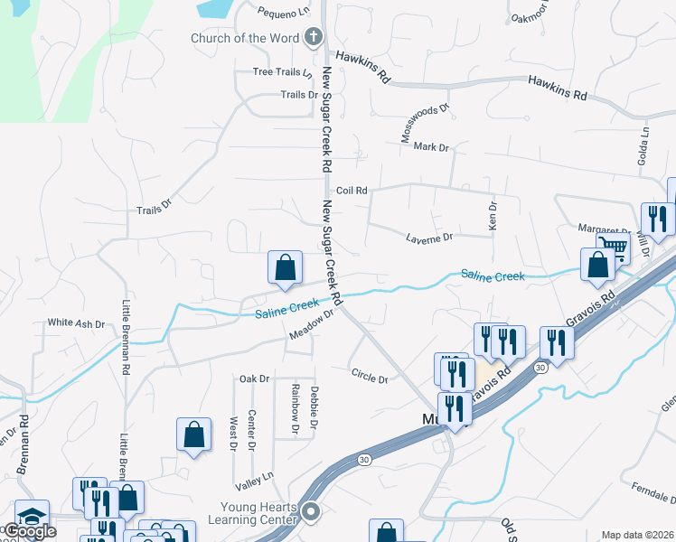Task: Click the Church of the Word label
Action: pyautogui.click(x=244, y=38)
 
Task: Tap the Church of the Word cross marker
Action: pyautogui.click(x=314, y=37)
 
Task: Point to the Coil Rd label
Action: pyautogui.click(x=352, y=191)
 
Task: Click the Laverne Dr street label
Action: pyautogui.click(x=429, y=238)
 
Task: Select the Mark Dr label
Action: pyautogui.click(x=431, y=147)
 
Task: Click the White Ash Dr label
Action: pyautogui.click(x=77, y=322)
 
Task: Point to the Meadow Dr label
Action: pyautogui.click(x=312, y=324)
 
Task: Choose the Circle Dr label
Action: pyautogui.click(x=369, y=375)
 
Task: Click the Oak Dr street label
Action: pyautogui.click(x=254, y=378)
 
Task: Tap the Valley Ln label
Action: pyautogui.click(x=253, y=476)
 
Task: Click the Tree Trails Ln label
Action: pyautogui.click(x=282, y=72)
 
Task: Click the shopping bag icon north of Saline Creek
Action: pyautogui.click(x=285, y=266)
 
